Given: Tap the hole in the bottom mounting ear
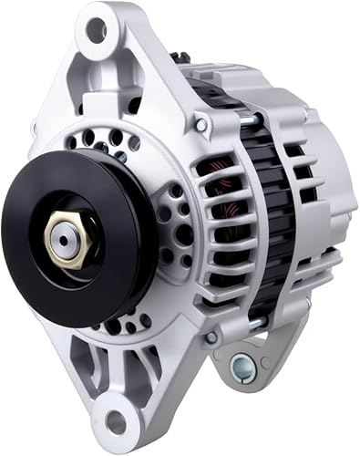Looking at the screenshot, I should pyautogui.click(x=116, y=422).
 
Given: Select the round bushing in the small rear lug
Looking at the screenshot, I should pyautogui.click(x=242, y=367).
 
